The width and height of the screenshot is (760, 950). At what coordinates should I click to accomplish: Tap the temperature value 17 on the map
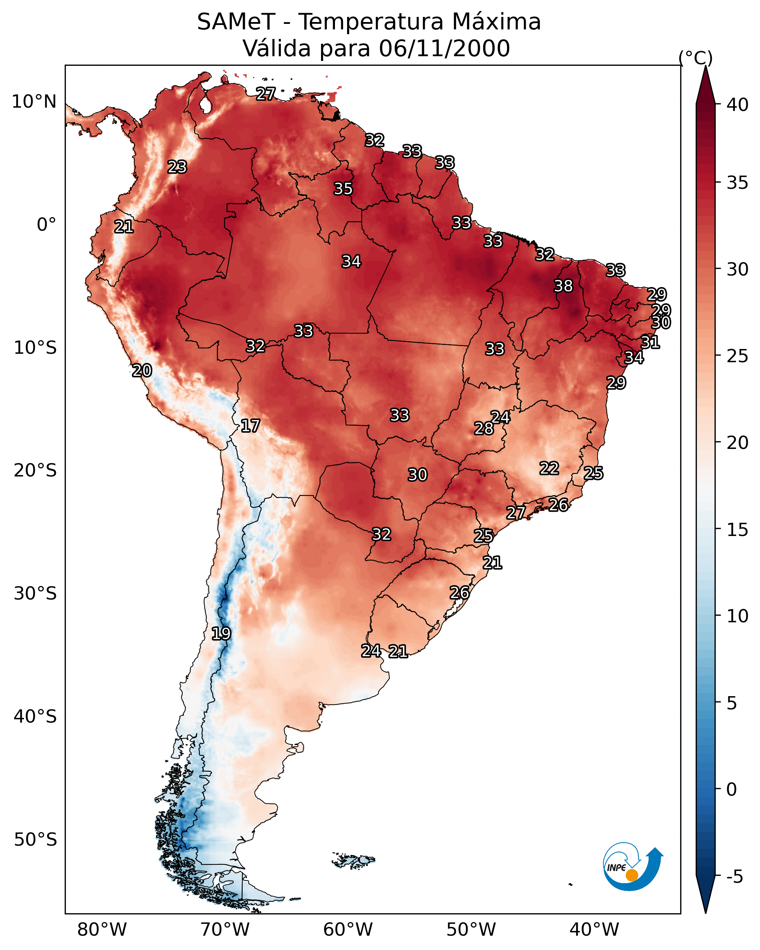click(250, 426)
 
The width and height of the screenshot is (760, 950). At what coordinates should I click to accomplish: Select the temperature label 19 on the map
click(221, 634)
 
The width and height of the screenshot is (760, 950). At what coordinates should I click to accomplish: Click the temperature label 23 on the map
click(177, 167)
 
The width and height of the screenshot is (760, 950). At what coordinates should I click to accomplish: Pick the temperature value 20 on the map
click(142, 371)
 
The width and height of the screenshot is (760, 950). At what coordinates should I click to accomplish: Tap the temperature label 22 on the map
click(549, 468)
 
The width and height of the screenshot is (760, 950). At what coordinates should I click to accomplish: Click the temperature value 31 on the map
click(650, 342)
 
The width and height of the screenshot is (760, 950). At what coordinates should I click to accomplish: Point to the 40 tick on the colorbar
click(738, 105)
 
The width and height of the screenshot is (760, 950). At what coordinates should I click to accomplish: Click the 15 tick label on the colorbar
click(738, 530)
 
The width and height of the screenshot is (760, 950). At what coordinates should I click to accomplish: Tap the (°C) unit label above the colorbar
click(696, 58)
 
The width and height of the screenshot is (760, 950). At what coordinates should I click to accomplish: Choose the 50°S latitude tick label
click(35, 840)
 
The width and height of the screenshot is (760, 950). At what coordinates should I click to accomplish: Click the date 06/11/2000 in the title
click(444, 48)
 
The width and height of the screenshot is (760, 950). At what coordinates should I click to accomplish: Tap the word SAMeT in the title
click(236, 22)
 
